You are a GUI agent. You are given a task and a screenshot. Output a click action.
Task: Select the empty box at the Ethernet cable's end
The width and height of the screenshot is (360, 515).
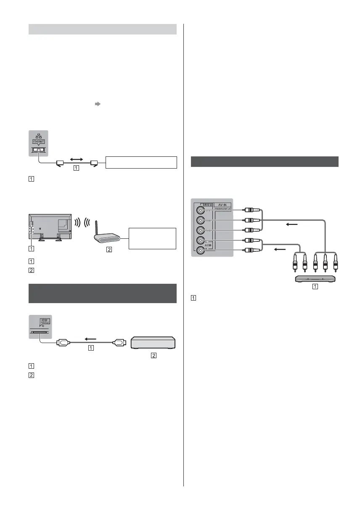pyautogui.click(x=141, y=162)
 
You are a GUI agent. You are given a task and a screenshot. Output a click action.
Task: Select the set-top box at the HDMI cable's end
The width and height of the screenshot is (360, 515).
pyautogui.click(x=153, y=342)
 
